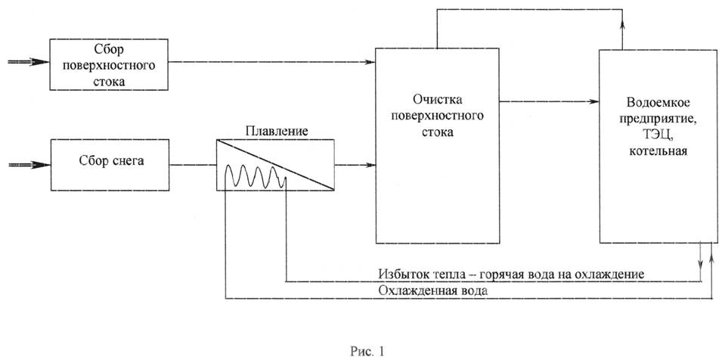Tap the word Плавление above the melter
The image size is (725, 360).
[x=277, y=131]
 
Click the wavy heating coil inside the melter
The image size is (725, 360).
[x=256, y=177]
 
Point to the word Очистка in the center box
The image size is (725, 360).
[x=437, y=101]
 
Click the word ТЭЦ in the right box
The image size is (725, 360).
[x=657, y=138]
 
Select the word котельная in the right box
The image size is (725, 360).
[x=657, y=151]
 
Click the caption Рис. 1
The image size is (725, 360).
[x=367, y=351]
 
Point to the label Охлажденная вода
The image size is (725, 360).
[x=432, y=291]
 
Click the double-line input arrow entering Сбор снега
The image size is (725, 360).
[x=29, y=164]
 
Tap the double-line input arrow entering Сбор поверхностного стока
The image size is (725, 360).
[x=29, y=62]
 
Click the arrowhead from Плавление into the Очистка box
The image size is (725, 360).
[x=371, y=164]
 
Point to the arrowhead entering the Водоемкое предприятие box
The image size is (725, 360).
[x=594, y=101]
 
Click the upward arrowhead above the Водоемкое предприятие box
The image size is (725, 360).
[x=622, y=24]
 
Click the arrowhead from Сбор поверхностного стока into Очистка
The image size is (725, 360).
[x=371, y=62]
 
